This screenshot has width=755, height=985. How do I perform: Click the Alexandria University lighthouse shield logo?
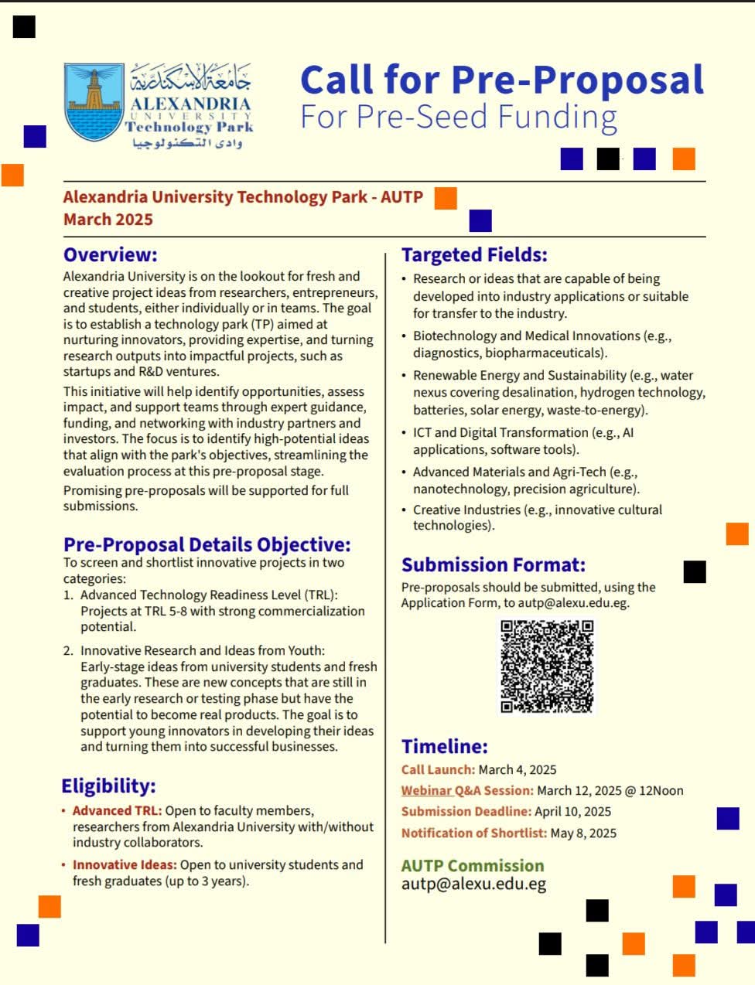coord(94,101)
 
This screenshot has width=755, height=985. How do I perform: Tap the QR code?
coord(547,666)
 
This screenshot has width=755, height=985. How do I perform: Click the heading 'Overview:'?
coord(110,254)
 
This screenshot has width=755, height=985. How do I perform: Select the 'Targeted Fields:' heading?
coord(474,254)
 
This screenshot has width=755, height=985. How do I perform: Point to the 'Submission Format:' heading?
coord(493,564)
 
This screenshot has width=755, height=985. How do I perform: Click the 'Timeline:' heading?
coord(444,746)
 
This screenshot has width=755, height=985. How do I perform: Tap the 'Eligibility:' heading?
coord(108,786)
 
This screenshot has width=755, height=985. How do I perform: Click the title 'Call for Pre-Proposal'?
coord(502,80)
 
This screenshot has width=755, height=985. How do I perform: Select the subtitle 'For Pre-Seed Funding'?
coord(458,117)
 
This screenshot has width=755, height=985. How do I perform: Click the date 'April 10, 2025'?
coord(572,811)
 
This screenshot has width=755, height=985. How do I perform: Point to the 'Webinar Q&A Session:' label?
coord(467,790)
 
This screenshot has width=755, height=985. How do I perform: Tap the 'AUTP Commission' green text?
coord(472,865)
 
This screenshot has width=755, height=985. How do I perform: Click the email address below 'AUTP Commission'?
coord(473,884)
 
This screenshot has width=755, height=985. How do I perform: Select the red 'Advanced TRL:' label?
coord(117,810)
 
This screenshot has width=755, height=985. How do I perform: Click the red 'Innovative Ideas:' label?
coord(125,864)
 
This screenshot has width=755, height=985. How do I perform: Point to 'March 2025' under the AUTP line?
coord(108,219)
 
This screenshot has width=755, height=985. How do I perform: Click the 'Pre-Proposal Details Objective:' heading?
coord(207,544)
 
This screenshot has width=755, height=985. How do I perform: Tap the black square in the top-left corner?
coord(24,26)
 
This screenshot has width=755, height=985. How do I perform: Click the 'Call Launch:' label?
coord(438,769)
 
